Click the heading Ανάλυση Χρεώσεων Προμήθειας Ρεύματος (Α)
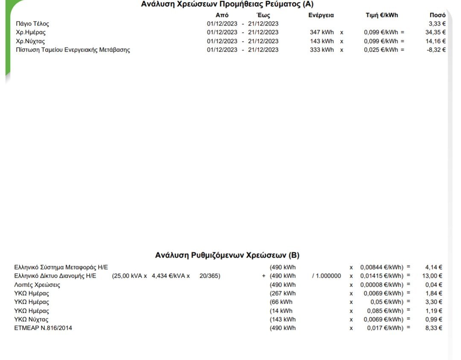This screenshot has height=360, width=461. [227, 4]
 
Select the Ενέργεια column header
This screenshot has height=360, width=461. [321, 15]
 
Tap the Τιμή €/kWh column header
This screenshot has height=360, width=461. [382, 15]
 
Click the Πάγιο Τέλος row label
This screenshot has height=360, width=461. [32, 24]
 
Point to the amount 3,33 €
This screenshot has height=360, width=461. [437, 24]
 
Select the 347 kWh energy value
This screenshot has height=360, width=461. [322, 32]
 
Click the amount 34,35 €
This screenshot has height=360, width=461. [435, 32]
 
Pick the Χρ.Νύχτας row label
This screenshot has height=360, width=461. [30, 41]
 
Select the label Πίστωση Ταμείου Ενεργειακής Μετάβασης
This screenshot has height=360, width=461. [73, 50]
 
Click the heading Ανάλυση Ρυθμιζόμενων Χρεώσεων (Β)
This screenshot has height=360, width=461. [227, 255]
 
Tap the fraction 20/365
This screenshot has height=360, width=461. [210, 276]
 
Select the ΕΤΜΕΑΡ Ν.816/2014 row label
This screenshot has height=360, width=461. [43, 328]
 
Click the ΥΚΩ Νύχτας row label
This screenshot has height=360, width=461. [32, 319]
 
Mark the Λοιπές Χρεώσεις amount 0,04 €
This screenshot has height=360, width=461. [434, 285]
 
